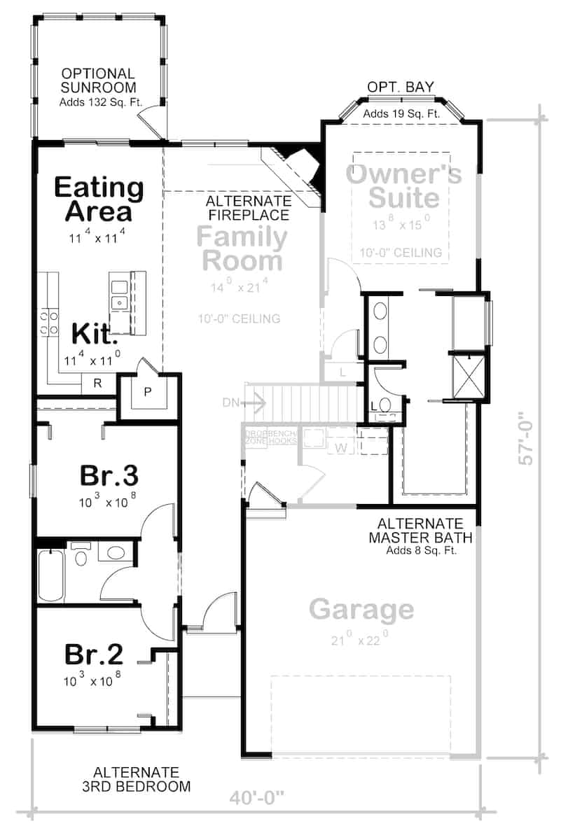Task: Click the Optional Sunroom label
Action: pyautogui.click(x=97, y=80)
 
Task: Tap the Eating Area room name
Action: pyautogui.click(x=99, y=199)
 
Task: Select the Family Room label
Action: pyautogui.click(x=242, y=248)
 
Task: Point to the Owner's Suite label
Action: pyautogui.click(x=404, y=185)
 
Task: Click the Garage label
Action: pyautogui.click(x=361, y=610)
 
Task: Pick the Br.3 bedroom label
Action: pyautogui.click(x=109, y=475)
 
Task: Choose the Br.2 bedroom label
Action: pyautogui.click(x=94, y=654)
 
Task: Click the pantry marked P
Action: pyautogui.click(x=148, y=392)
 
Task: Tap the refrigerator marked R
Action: pyautogui.click(x=97, y=383)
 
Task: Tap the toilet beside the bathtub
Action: pyautogui.click(x=81, y=557)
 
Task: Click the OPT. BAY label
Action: pyautogui.click(x=401, y=87)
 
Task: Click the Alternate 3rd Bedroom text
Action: pyautogui.click(x=141, y=779)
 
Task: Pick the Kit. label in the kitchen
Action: pyautogui.click(x=94, y=335)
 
